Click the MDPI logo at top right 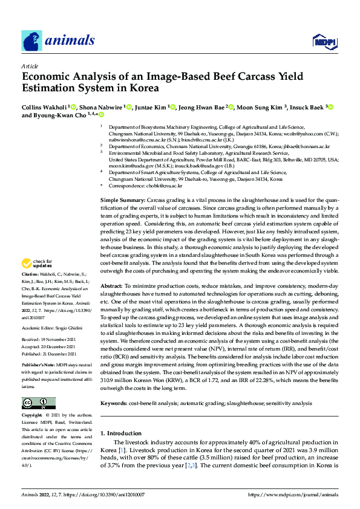[323, 41]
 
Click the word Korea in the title [146, 88]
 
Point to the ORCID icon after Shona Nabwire [127, 107]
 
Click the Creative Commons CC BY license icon [38, 403]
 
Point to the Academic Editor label [38, 327]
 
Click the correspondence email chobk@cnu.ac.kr [164, 186]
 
